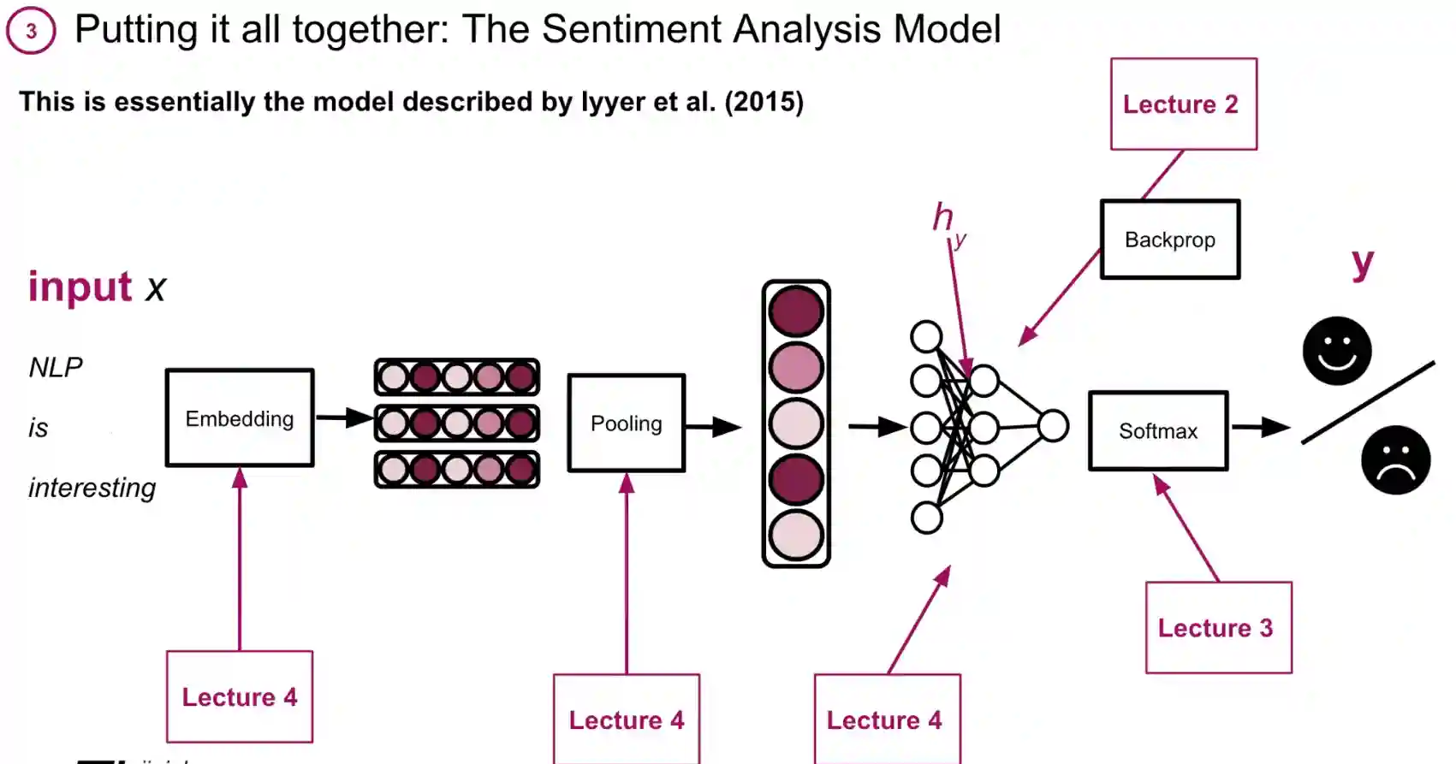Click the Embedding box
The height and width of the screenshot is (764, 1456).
240,418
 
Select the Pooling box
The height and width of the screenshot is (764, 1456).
627,423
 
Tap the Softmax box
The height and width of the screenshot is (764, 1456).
1158,431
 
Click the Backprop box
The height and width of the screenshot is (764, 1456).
1170,240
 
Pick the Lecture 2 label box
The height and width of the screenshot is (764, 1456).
1183,104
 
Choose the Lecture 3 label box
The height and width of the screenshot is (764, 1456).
1218,628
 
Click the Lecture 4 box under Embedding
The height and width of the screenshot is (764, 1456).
240,696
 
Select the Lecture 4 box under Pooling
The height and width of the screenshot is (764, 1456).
627,720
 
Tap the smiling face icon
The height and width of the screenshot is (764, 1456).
1337,351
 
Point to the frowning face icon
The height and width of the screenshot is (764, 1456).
1395,460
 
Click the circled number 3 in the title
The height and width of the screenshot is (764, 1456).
32,32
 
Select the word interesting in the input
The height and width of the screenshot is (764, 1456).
92,488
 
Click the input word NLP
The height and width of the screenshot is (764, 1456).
56,368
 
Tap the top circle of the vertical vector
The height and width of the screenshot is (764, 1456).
796,311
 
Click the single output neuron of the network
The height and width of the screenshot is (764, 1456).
1053,425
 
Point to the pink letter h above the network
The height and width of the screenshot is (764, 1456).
942,217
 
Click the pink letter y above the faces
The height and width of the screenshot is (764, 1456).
1363,264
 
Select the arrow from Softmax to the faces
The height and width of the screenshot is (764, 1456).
1260,427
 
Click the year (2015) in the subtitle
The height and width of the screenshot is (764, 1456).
764,102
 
